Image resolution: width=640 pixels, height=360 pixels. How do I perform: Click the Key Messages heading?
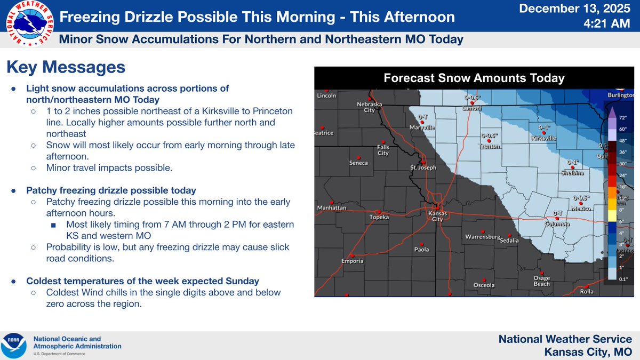[66, 68]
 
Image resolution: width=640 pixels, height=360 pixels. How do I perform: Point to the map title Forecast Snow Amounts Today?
[474, 78]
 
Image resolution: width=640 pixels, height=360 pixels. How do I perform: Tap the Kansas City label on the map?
[437, 216]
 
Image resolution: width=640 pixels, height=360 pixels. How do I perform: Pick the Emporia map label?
[353, 261]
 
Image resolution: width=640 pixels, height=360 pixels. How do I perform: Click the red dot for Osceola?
[484, 278]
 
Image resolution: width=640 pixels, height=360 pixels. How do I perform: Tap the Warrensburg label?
[482, 236]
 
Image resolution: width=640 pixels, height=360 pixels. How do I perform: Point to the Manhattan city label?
[332, 207]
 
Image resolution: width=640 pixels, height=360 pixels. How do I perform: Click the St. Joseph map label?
[423, 167]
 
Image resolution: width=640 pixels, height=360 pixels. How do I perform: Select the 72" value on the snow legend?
[622, 116]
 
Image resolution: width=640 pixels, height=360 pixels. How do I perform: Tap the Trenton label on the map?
[489, 146]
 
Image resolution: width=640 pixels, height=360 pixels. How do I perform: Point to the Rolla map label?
[586, 291]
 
